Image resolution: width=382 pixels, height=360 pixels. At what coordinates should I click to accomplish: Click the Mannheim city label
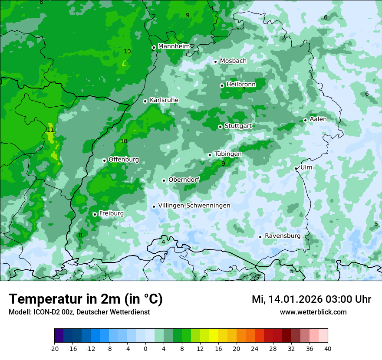tap(174, 46)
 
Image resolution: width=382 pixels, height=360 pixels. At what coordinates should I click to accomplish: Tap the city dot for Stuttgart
tap(220, 127)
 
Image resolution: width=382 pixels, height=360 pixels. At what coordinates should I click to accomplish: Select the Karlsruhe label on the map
tap(164, 100)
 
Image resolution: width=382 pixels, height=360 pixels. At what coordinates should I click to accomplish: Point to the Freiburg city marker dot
tap(95, 214)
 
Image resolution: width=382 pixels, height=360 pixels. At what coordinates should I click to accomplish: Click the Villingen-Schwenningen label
tap(194, 206)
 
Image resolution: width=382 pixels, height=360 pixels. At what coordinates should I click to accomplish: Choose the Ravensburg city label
tap(282, 236)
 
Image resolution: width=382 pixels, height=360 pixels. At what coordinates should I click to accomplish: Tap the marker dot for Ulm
tap(296, 168)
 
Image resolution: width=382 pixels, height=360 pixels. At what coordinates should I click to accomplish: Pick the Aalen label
tap(318, 119)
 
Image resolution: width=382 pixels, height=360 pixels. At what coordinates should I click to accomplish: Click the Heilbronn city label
tap(241, 84)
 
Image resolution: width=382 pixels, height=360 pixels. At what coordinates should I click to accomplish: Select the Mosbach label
tap(233, 61)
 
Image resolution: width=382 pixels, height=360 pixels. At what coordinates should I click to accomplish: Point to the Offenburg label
tap(124, 159)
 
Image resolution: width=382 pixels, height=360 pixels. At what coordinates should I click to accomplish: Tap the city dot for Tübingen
tap(210, 155)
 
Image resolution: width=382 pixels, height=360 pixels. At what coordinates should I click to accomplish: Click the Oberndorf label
tap(184, 180)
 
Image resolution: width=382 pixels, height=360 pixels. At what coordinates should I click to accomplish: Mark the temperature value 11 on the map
tap(50, 130)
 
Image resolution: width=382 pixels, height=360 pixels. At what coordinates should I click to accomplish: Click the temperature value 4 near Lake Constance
tap(163, 242)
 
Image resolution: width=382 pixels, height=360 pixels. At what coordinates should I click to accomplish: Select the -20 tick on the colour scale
tap(54, 348)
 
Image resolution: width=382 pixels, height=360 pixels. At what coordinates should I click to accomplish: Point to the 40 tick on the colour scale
tap(328, 348)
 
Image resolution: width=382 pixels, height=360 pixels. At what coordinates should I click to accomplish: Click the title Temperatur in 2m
tap(86, 299)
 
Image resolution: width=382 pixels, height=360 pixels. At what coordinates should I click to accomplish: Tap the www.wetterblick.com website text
tap(313, 312)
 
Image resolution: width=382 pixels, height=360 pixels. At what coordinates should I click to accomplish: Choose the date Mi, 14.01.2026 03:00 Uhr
tap(311, 299)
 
